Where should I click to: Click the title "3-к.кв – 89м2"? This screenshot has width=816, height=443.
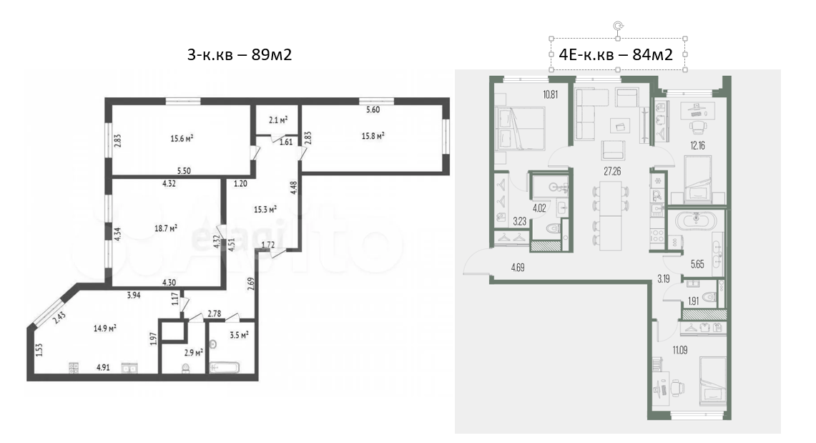[x=240, y=54]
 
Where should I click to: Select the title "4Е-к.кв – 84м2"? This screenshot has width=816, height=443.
[x=616, y=54]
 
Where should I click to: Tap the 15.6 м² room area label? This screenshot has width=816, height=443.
[x=182, y=138]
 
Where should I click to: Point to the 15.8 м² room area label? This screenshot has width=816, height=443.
[x=373, y=136]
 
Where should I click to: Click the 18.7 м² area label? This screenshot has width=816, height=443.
[x=166, y=228]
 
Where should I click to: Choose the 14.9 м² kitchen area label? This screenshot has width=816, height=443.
[x=104, y=328]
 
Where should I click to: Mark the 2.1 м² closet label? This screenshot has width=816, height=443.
[x=278, y=120]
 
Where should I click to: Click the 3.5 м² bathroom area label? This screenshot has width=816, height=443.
[x=238, y=335]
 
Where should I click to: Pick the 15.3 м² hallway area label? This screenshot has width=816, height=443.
[x=265, y=209]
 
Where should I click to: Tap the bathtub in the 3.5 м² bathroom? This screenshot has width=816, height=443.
[x=225, y=368]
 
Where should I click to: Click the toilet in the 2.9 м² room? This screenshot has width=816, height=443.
[x=186, y=368]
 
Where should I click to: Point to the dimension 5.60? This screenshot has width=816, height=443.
[x=373, y=109]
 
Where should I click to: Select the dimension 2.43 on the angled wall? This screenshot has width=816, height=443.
[x=59, y=318]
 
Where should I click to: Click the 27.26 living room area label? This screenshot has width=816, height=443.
[x=612, y=171]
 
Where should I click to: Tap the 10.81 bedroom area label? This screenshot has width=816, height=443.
[x=551, y=94]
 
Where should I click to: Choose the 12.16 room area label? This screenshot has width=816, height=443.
[x=698, y=146]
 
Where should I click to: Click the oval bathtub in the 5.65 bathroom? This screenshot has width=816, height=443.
[x=695, y=220]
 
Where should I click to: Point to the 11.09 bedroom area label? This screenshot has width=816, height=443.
[x=679, y=351]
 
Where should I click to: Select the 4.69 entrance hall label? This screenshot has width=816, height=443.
[x=518, y=268]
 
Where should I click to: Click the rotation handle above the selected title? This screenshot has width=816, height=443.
[x=618, y=26]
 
